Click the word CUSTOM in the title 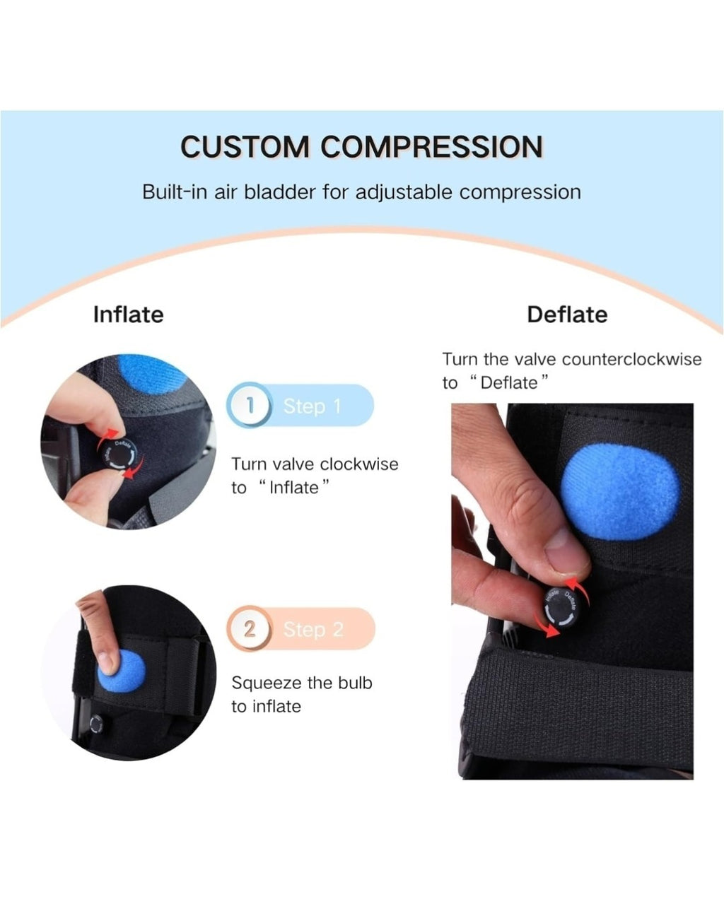[x=245, y=147]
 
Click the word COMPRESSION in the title [x=432, y=147]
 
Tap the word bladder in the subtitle [x=280, y=192]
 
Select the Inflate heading [x=129, y=315]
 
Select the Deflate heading [x=567, y=315]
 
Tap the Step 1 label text [x=313, y=406]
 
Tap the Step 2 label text [x=313, y=630]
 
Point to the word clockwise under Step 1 [x=359, y=464]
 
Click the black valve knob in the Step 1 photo [x=119, y=456]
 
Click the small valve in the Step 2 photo [x=96, y=724]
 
